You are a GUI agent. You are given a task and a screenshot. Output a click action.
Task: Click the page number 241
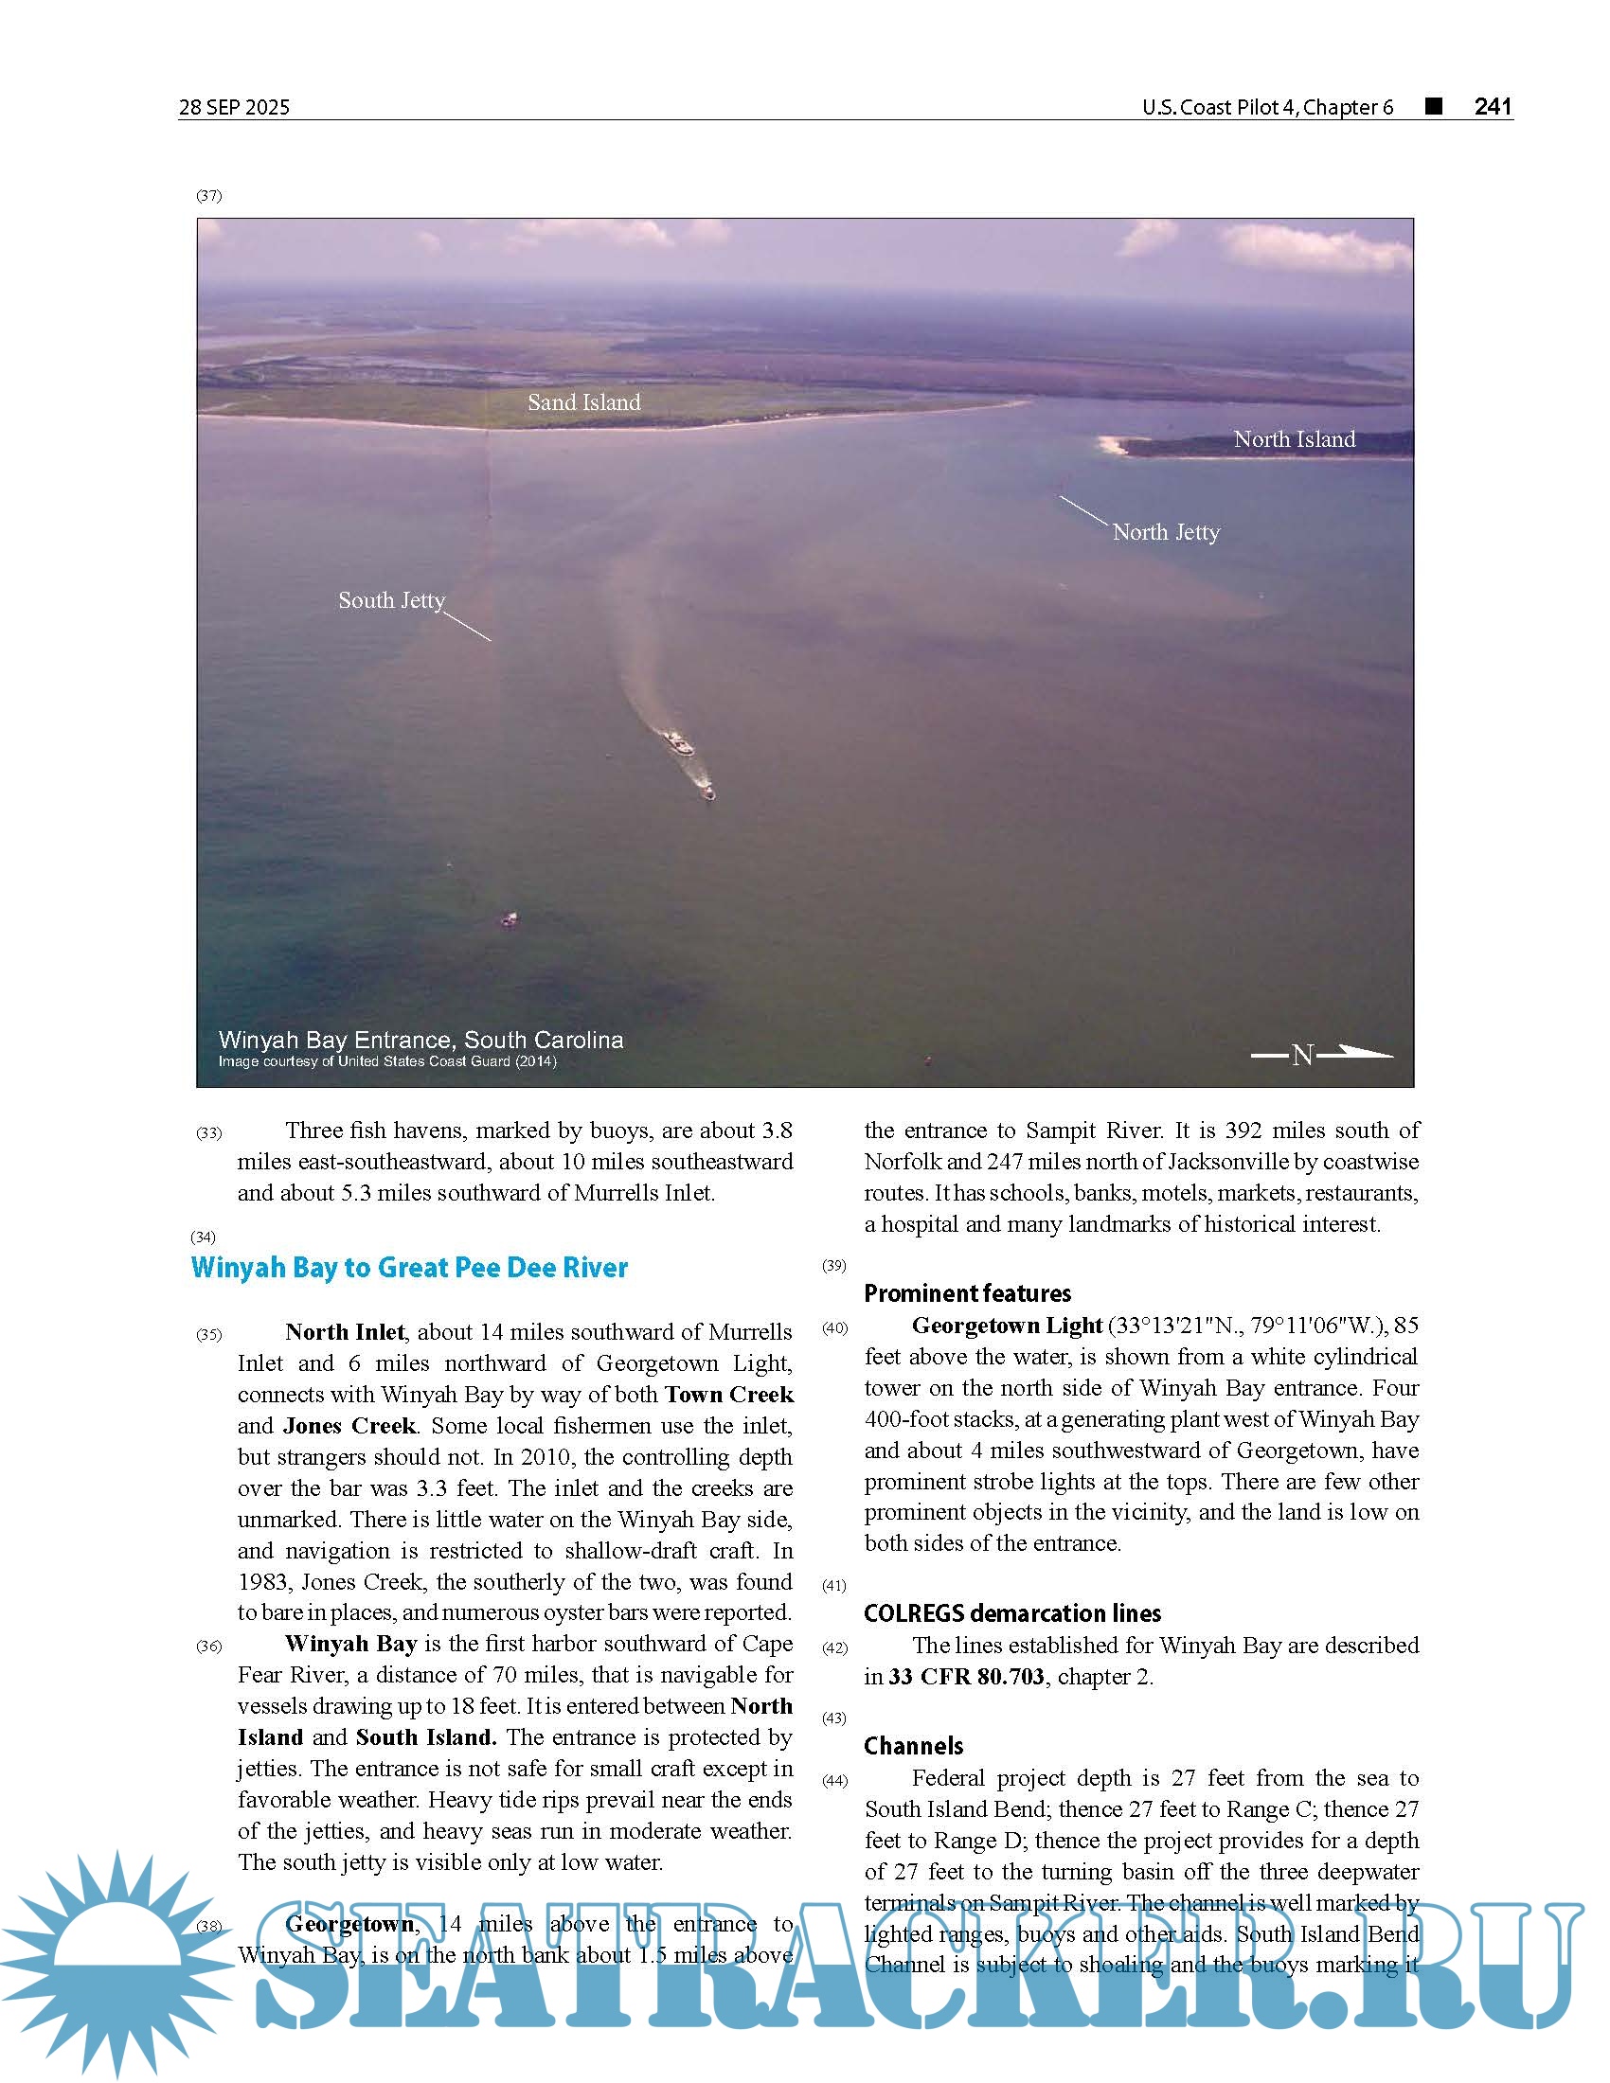pyautogui.click(x=1493, y=106)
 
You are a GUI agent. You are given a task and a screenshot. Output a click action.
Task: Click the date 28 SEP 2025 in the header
pyautogui.click(x=234, y=107)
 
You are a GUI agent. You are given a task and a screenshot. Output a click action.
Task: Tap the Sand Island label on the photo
pyautogui.click(x=583, y=402)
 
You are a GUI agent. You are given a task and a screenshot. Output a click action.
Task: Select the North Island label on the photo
pyautogui.click(x=1294, y=439)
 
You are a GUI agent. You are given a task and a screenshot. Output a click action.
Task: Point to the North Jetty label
pyautogui.click(x=1166, y=532)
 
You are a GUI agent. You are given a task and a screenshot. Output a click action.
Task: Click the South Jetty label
pyautogui.click(x=391, y=600)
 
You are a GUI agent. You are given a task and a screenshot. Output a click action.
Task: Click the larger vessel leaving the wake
pyautogui.click(x=677, y=742)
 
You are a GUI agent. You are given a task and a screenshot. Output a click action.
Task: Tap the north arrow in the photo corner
pyautogui.click(x=1322, y=1054)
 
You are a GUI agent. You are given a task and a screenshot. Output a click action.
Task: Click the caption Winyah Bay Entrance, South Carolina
pyautogui.click(x=420, y=1040)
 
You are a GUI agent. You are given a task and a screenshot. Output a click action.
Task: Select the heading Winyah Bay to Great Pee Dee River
pyautogui.click(x=409, y=1268)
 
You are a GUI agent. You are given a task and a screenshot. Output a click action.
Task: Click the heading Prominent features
pyautogui.click(x=967, y=1293)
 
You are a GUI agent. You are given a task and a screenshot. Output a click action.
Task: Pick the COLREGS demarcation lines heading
pyautogui.click(x=1012, y=1612)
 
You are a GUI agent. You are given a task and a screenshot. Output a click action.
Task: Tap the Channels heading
pyautogui.click(x=913, y=1745)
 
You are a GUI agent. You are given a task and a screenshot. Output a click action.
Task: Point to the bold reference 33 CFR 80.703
pyautogui.click(x=966, y=1676)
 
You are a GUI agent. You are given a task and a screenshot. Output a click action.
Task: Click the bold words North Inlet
pyautogui.click(x=345, y=1331)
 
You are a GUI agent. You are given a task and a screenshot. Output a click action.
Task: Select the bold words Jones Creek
pyautogui.click(x=349, y=1425)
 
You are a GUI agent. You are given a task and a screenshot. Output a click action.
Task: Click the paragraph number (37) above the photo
pyautogui.click(x=209, y=196)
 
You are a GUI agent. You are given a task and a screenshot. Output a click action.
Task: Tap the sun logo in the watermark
pyautogui.click(x=115, y=1965)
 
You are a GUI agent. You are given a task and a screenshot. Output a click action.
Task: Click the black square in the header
pyautogui.click(x=1433, y=106)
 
